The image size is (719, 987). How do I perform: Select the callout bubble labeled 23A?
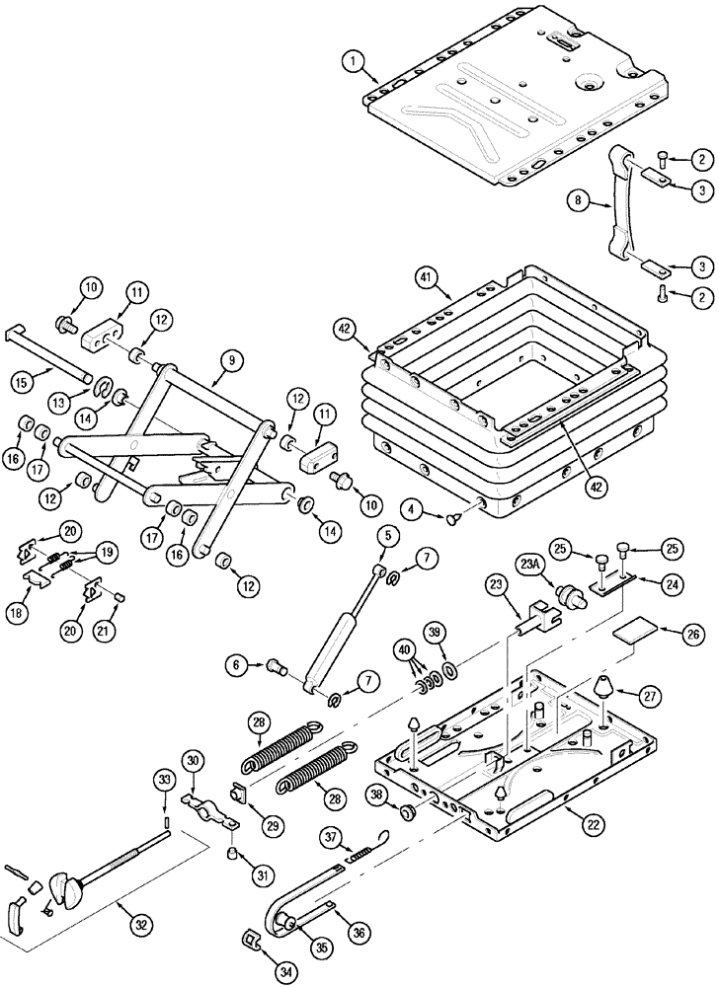coord(529,566)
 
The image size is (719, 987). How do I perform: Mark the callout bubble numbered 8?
coord(580,202)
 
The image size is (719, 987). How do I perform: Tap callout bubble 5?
coord(385,536)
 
